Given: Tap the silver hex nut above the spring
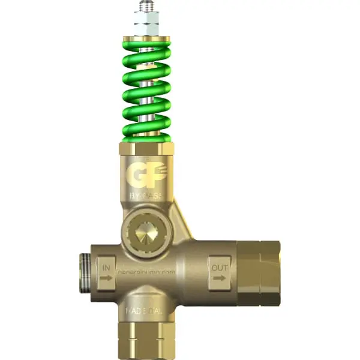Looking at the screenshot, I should [x=146, y=25].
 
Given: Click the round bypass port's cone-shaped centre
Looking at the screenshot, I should [x=145, y=230].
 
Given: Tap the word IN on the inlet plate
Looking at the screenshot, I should [x=107, y=265].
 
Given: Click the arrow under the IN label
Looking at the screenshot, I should [x=107, y=277].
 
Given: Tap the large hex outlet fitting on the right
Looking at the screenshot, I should [x=258, y=273].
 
